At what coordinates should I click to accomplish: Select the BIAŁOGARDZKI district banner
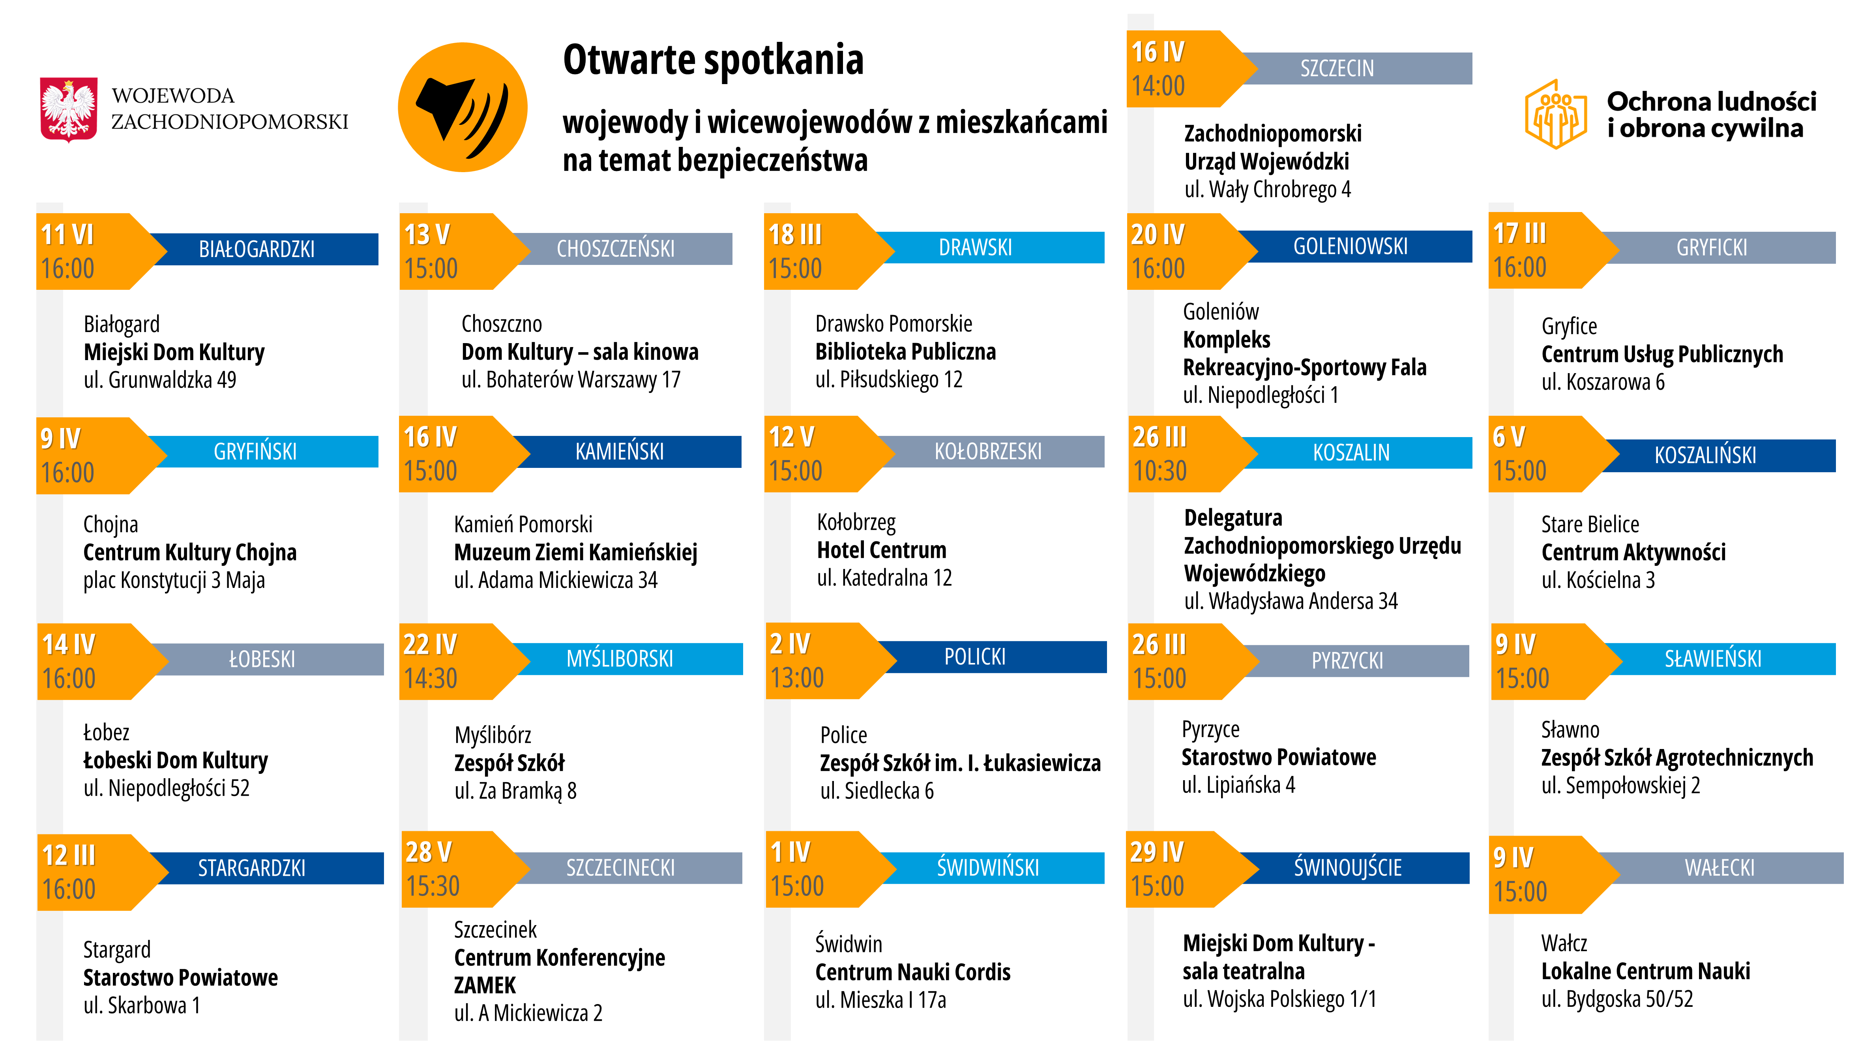[257, 249]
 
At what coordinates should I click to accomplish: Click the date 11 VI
[68, 235]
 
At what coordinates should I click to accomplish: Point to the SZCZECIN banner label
[1337, 68]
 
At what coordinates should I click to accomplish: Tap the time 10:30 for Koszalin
[1159, 471]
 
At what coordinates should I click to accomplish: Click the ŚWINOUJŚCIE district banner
[1347, 867]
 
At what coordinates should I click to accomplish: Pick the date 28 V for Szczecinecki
[429, 851]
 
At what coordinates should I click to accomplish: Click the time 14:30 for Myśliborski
[431, 678]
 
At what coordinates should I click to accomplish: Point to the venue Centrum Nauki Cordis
[913, 972]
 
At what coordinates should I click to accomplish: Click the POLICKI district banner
[975, 657]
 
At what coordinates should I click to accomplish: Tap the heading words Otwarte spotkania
[713, 60]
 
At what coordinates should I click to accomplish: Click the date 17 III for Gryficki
[1520, 233]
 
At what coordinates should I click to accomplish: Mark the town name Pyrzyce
[1210, 729]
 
